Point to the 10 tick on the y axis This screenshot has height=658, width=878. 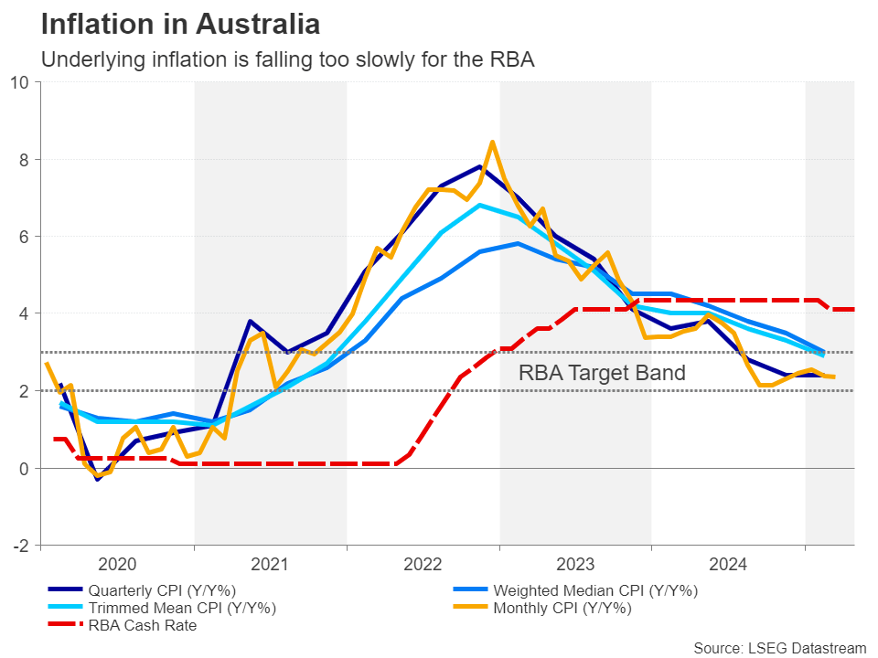pyautogui.click(x=20, y=82)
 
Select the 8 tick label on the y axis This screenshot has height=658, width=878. pyautogui.click(x=25, y=160)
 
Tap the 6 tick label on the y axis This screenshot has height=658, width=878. pyautogui.click(x=25, y=237)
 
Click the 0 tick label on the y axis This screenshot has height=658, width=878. pyautogui.click(x=25, y=469)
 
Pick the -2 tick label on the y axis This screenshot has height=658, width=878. pyautogui.click(x=20, y=546)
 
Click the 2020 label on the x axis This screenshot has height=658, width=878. pyautogui.click(x=117, y=564)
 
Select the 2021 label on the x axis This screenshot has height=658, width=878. pyautogui.click(x=270, y=564)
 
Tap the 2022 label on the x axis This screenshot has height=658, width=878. pyautogui.click(x=423, y=564)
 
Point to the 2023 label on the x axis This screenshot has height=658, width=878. pyautogui.click(x=575, y=564)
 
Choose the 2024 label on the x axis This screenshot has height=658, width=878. pyautogui.click(x=728, y=564)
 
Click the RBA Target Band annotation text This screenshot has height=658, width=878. pyautogui.click(x=602, y=373)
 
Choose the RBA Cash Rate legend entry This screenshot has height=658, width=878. pyautogui.click(x=142, y=626)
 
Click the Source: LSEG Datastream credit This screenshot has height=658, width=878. pyautogui.click(x=779, y=648)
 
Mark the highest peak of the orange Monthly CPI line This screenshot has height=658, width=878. pyautogui.click(x=493, y=142)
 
